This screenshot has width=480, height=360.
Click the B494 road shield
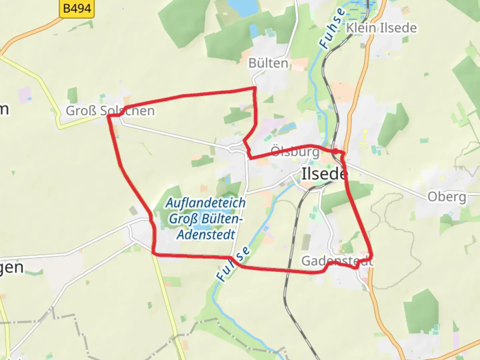click(x=77, y=8)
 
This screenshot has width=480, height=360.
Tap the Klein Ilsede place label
click(x=381, y=28)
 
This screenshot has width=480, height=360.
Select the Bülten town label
click(x=268, y=63)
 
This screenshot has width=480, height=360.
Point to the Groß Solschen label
click(x=110, y=111)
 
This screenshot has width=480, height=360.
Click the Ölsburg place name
click(x=295, y=152)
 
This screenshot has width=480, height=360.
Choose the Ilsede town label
click(x=324, y=174)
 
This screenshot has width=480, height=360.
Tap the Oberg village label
click(x=447, y=197)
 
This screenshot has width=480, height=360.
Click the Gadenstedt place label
click(x=337, y=261)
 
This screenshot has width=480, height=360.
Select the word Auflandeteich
click(x=206, y=203)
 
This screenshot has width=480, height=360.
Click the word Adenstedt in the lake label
click(x=206, y=235)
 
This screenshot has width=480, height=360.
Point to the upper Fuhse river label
click(x=332, y=28)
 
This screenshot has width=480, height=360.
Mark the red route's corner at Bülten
click(x=255, y=88)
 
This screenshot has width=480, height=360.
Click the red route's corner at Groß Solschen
click(x=109, y=116)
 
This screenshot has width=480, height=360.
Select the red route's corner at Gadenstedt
click(x=371, y=256)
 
